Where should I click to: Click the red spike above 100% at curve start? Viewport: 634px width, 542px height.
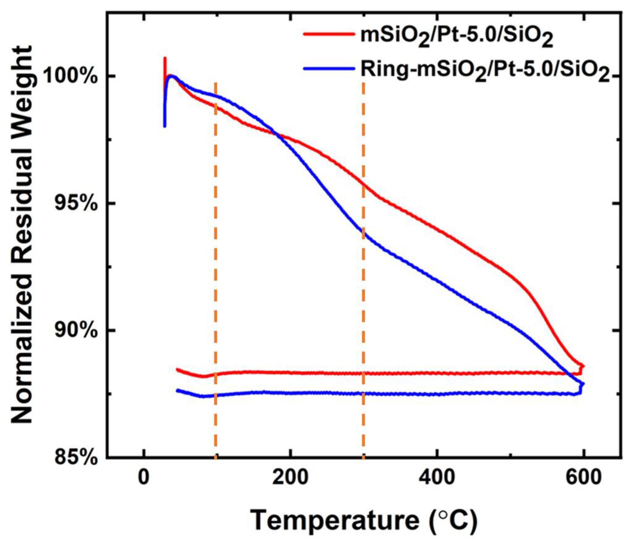click(165, 63)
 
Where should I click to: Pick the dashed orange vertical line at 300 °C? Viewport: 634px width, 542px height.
click(363, 279)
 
